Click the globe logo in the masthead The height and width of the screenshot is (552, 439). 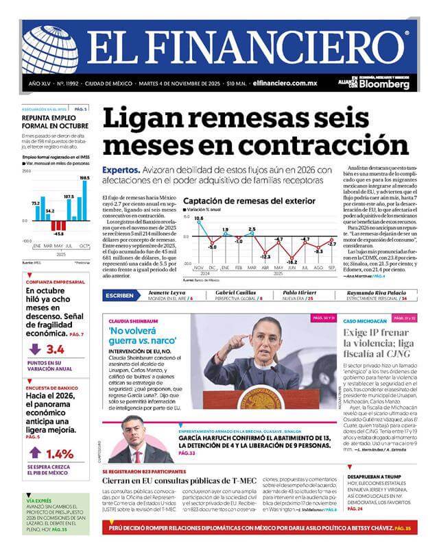click(49, 49)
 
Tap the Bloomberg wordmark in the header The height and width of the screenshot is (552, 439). click(387, 86)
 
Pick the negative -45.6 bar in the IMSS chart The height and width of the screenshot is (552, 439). click(59, 227)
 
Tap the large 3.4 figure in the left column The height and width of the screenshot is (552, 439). click(56, 349)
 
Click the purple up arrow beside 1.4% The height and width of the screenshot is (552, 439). click(35, 453)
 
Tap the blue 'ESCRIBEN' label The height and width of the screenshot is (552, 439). click(121, 294)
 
